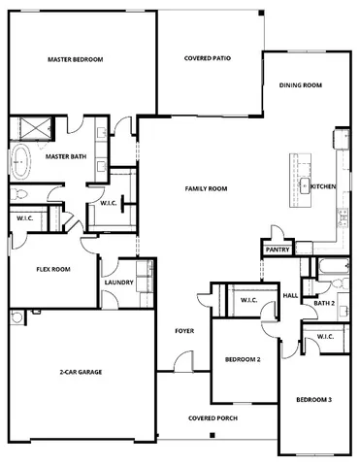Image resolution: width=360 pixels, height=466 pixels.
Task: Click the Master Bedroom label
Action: [x=75, y=59]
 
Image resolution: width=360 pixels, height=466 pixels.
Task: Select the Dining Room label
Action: [x=300, y=85]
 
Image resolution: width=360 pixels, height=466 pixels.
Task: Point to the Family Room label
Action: [x=206, y=187]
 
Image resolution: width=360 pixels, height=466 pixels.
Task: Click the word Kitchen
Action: [x=323, y=185]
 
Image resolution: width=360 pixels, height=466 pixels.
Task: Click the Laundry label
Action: [x=118, y=283]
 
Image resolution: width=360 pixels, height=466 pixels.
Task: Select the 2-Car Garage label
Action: [x=82, y=372]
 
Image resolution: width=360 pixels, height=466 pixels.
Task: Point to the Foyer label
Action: [x=184, y=331]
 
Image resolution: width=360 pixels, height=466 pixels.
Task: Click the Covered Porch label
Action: [x=212, y=418]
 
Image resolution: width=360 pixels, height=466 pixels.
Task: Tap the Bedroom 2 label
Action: [x=243, y=359]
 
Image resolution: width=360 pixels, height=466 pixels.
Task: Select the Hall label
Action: [x=289, y=296]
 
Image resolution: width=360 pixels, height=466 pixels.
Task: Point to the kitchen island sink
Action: [x=304, y=184]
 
